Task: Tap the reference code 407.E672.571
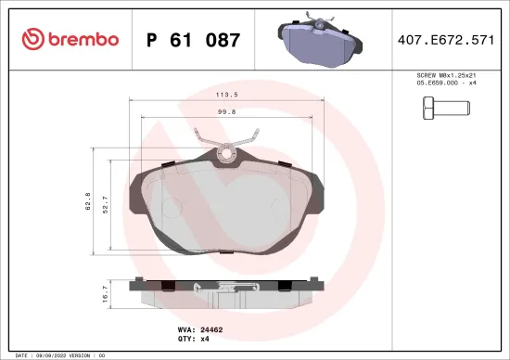(x=444, y=40)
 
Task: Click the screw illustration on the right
(x=448, y=113)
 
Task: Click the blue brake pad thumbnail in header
(x=317, y=41)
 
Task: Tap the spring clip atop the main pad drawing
(x=223, y=148)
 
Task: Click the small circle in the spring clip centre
(x=223, y=155)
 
